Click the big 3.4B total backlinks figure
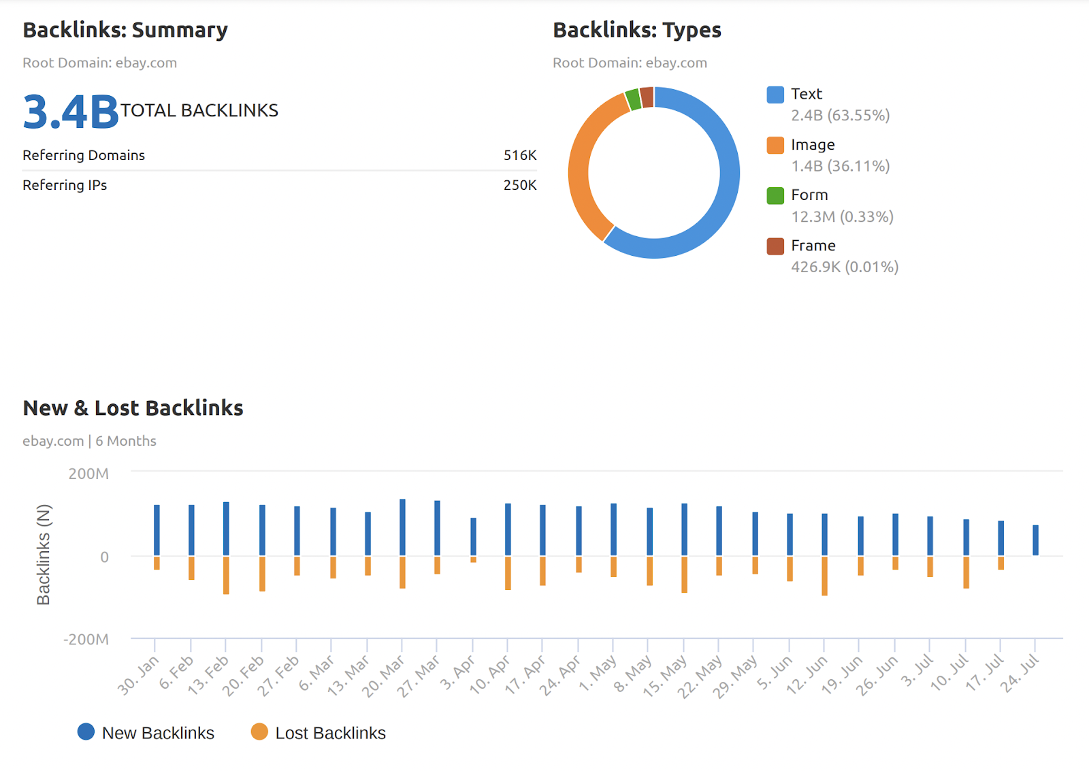pyautogui.click(x=71, y=112)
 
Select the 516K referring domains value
pyautogui.click(x=519, y=155)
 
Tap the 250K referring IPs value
pyautogui.click(x=519, y=185)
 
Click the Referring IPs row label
pyautogui.click(x=65, y=185)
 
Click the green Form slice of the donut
pyautogui.click(x=633, y=99)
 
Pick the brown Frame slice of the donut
pyautogui.click(x=647, y=97)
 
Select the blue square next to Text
pyautogui.click(x=775, y=95)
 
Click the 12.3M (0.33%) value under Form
pyautogui.click(x=842, y=216)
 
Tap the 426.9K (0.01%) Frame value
pyautogui.click(x=844, y=267)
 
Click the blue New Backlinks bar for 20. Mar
pyautogui.click(x=402, y=527)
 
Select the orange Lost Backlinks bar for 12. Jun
pyautogui.click(x=824, y=576)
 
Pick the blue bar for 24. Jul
pyautogui.click(x=1035, y=540)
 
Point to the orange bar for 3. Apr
pyautogui.click(x=473, y=559)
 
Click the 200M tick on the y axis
pyautogui.click(x=88, y=474)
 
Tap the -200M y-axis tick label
pyautogui.click(x=86, y=640)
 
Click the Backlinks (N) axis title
pyautogui.click(x=44, y=554)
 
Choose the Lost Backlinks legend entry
pyautogui.click(x=318, y=733)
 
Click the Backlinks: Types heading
pyautogui.click(x=636, y=30)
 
